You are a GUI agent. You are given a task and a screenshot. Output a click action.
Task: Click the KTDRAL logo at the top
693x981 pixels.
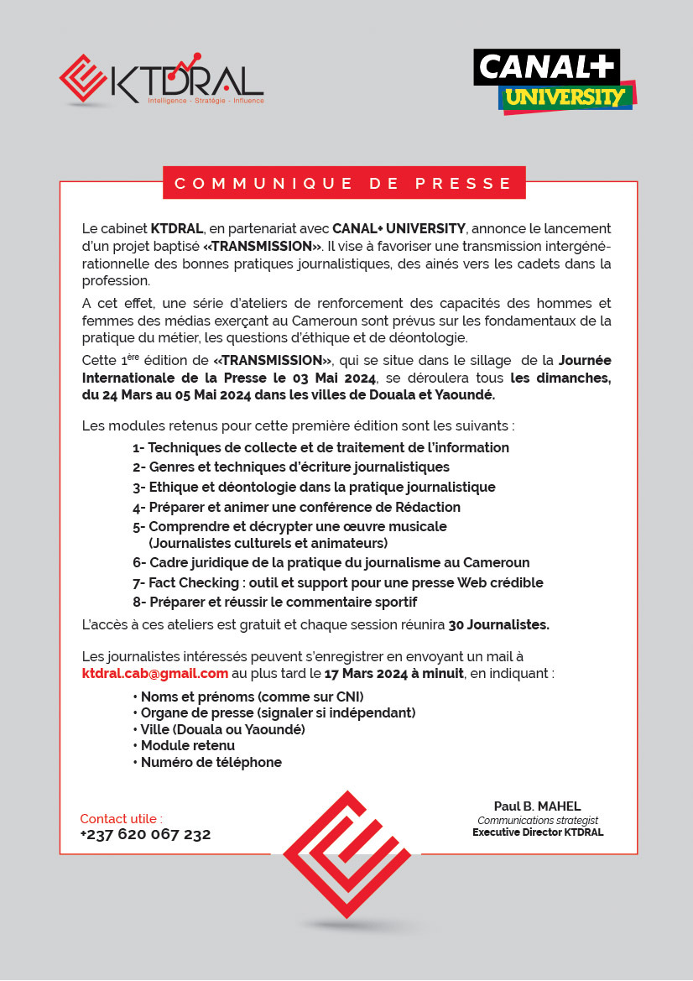(161, 81)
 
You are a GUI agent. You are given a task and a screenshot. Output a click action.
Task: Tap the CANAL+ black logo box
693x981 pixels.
(545, 67)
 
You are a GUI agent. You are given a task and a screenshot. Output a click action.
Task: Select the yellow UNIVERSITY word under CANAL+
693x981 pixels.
(566, 98)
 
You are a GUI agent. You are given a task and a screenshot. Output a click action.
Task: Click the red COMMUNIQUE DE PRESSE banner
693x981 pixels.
(343, 183)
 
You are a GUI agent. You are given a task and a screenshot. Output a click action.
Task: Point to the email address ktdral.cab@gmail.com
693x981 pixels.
(155, 673)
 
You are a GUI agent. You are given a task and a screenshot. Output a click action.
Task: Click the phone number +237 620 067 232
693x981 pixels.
(145, 834)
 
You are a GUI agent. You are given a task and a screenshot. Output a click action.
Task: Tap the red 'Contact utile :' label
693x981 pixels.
(122, 818)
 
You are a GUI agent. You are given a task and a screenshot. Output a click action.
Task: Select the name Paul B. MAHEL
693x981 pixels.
(537, 806)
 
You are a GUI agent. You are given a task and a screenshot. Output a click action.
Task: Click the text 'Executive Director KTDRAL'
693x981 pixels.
(538, 832)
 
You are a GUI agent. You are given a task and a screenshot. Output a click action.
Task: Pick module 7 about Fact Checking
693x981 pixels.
(337, 582)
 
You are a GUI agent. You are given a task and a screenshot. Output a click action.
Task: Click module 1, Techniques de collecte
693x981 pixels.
(320, 447)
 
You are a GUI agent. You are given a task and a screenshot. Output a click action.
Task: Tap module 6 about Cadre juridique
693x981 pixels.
(331, 562)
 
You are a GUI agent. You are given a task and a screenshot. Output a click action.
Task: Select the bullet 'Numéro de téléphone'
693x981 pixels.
(211, 762)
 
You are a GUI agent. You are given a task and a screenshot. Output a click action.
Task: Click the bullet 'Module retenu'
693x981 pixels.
(187, 745)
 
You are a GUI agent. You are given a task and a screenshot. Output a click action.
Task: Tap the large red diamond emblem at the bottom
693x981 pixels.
(346, 853)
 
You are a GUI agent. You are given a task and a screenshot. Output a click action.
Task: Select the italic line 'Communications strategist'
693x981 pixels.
(538, 820)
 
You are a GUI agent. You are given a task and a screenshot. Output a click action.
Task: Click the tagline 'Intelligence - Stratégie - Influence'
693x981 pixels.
(206, 101)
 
